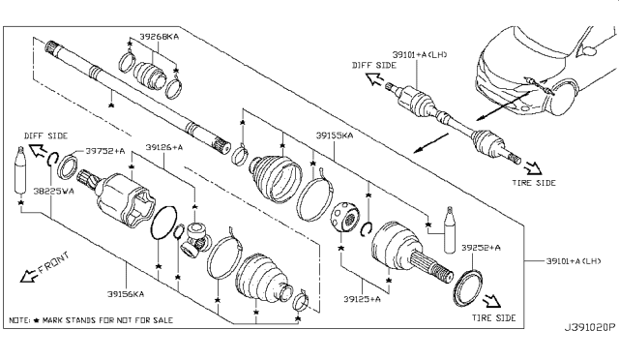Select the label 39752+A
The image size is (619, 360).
(101, 150)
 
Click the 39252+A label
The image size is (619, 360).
(480, 248)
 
